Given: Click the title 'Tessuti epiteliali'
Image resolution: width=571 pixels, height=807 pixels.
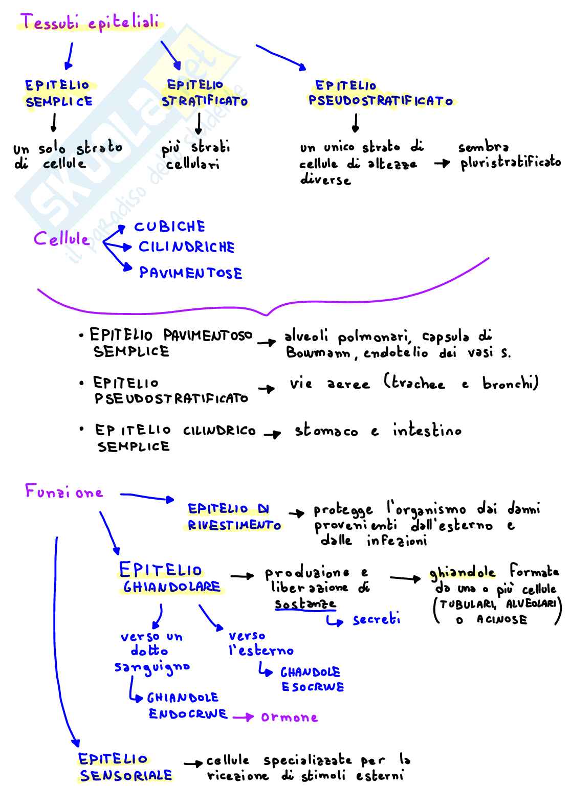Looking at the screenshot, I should pyautogui.click(x=90, y=23).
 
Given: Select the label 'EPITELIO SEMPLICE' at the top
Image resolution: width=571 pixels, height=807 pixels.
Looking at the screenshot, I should pyautogui.click(x=58, y=94).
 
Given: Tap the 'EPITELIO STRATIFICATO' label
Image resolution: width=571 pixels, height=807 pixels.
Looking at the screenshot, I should pyautogui.click(x=204, y=93).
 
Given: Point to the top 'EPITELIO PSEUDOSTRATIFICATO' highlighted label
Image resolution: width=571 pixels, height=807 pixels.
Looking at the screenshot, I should pyautogui.click(x=381, y=94).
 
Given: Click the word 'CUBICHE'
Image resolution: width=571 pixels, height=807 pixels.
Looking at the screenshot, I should pyautogui.click(x=169, y=227).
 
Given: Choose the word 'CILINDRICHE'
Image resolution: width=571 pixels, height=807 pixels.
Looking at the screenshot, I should pyautogui.click(x=187, y=248).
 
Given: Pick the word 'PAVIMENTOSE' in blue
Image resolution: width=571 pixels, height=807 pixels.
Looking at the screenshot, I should pyautogui.click(x=191, y=273).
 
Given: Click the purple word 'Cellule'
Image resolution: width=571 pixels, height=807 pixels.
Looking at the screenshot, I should pyautogui.click(x=61, y=239).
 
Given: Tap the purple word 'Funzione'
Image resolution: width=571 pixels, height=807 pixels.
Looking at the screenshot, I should pyautogui.click(x=64, y=492).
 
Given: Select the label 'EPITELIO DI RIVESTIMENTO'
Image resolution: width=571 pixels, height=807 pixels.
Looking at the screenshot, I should pyautogui.click(x=233, y=517).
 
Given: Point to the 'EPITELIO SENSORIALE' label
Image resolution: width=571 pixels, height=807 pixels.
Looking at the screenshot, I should pyautogui.click(x=125, y=768).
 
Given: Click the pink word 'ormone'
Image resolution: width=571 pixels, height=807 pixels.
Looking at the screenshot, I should pyautogui.click(x=289, y=717).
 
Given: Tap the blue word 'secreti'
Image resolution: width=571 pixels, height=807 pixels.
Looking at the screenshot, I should pyautogui.click(x=376, y=620).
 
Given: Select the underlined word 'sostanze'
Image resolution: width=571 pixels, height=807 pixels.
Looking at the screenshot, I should pyautogui.click(x=305, y=604).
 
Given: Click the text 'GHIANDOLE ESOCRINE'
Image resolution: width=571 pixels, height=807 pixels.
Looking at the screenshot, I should pyautogui.click(x=312, y=679).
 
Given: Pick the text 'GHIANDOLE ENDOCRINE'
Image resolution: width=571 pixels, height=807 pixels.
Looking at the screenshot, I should pyautogui.click(x=187, y=706).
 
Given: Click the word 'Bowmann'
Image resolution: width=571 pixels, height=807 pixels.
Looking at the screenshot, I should pyautogui.click(x=318, y=353).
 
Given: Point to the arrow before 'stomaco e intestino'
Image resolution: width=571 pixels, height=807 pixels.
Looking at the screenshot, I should pyautogui.click(x=272, y=434).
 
